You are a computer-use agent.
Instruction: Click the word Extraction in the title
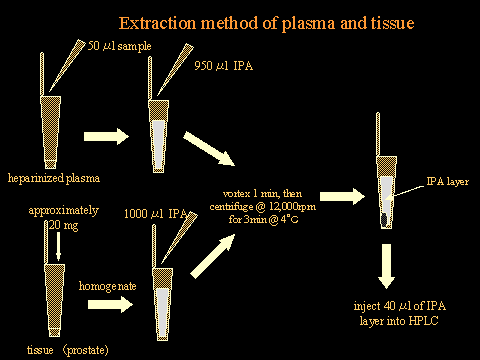coord(157,23)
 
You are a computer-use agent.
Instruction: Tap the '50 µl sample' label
coord(120,46)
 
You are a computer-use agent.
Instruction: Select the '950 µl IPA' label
coord(224,66)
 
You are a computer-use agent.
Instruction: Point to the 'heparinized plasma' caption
coord(54,178)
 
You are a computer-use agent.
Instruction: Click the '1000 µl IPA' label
coord(155,214)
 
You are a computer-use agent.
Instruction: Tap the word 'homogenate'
coord(108,286)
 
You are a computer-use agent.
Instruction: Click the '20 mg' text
coord(64,226)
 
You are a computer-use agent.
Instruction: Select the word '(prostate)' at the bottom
coord(86,350)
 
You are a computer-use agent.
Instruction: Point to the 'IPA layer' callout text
coord(448,182)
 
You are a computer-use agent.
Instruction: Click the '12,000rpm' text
coord(292,207)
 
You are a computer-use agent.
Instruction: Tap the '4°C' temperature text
coord(289,219)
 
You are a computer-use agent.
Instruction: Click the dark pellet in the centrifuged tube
coord(385,220)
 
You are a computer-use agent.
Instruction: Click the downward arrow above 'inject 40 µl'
coord(386,266)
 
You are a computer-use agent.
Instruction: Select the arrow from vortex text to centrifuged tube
coord(342,196)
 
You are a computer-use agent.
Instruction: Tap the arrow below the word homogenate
coord(110,304)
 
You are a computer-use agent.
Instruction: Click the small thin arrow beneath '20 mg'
coord(58,246)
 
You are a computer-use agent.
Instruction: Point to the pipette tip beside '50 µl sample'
coord(67,65)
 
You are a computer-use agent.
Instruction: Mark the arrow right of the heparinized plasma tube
coord(106,136)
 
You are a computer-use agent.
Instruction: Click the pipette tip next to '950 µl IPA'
coord(175,70)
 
